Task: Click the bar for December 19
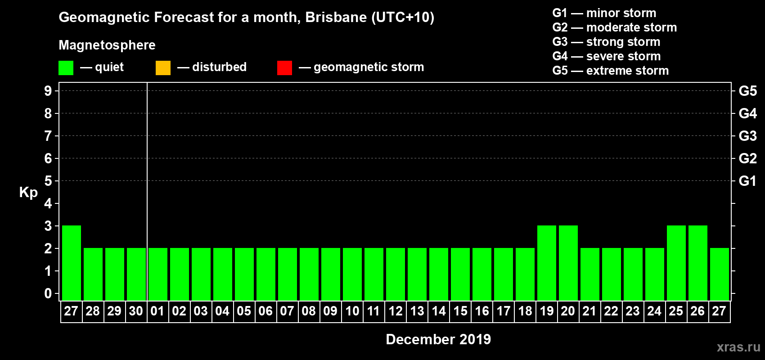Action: click(547, 263)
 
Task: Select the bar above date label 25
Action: click(676, 263)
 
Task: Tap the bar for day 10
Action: click(352, 274)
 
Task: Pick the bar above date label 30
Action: click(136, 274)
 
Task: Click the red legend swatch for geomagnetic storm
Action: click(284, 68)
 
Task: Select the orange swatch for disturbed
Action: click(163, 68)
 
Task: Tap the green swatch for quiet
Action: click(66, 68)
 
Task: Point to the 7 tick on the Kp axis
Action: click(48, 136)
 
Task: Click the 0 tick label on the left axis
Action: click(48, 294)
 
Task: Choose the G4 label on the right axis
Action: click(747, 113)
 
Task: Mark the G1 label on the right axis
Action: click(747, 181)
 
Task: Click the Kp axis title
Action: click(28, 192)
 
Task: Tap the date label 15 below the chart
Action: click(460, 311)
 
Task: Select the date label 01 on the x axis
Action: click(157, 311)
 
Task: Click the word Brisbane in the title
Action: click(336, 18)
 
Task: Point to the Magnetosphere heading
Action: click(107, 45)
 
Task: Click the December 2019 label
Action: click(438, 339)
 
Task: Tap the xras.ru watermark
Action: click(738, 347)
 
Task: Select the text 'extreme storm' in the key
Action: click(627, 71)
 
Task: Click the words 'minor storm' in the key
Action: click(621, 13)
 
